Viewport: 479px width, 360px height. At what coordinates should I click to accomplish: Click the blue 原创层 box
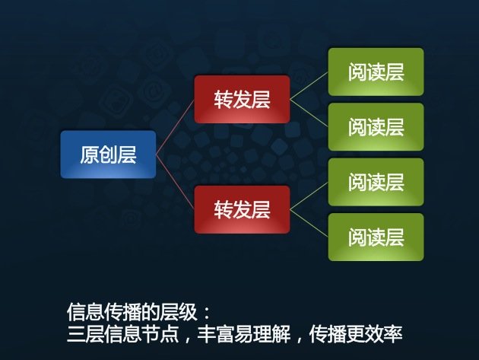[108, 155]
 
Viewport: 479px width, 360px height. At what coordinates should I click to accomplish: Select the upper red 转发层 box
[242, 100]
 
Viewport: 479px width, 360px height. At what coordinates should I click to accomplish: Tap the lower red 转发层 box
[242, 209]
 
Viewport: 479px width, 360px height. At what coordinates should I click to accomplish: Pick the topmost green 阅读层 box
[376, 72]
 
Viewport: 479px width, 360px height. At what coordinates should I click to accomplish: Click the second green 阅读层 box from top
[376, 127]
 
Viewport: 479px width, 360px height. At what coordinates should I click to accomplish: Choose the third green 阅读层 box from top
[376, 182]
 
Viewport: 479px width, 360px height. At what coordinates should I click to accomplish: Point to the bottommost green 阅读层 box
[376, 237]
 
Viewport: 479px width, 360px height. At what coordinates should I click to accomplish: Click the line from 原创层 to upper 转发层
[175, 127]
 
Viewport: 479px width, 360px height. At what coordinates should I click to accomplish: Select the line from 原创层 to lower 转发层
[175, 182]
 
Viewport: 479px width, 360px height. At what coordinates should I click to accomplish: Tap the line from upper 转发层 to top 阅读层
[309, 86]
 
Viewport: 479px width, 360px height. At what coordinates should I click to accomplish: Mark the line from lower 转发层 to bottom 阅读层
[309, 223]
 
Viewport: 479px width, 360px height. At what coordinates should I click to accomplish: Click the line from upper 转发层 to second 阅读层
[309, 113]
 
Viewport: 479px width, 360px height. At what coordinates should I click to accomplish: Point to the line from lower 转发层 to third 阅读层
[309, 196]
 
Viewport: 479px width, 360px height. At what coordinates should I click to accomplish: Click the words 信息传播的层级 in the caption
[132, 312]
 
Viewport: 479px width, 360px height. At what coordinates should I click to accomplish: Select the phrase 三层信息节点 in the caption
[123, 333]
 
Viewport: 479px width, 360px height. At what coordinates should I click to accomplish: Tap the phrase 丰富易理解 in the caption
[244, 333]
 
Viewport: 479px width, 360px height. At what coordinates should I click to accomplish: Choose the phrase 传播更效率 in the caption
[356, 333]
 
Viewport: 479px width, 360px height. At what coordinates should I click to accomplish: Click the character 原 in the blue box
[90, 155]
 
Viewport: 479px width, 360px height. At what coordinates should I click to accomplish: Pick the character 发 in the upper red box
[242, 100]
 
